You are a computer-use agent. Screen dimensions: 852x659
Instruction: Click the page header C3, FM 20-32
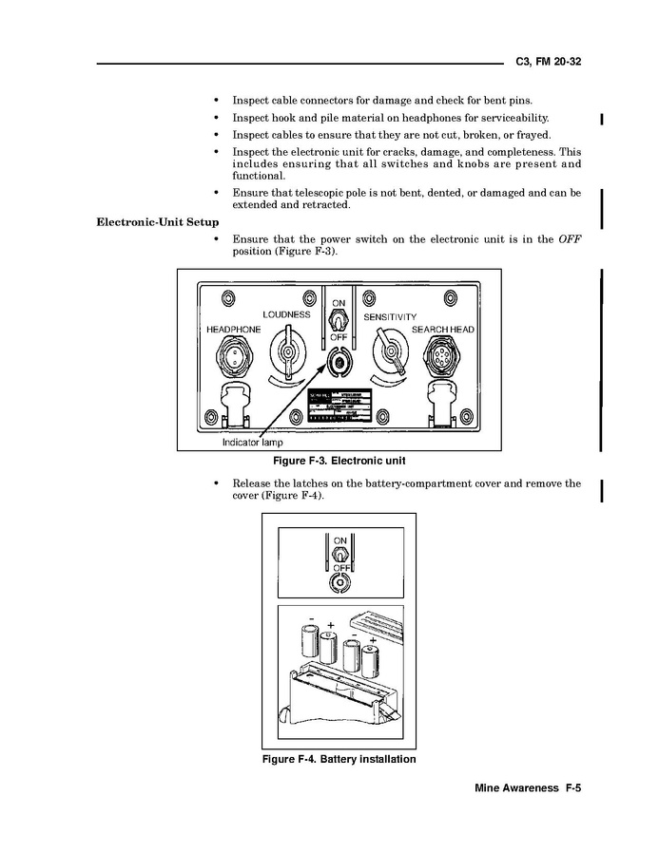coord(548,61)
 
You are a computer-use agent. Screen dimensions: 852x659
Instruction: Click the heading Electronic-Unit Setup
coord(158,222)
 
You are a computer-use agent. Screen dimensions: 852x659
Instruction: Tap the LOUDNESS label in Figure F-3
coord(286,314)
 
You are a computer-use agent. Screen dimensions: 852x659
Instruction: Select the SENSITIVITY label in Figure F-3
coord(390,316)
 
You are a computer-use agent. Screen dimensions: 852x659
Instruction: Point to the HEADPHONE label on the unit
coord(233,330)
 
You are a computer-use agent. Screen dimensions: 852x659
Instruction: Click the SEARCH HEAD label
coord(442,330)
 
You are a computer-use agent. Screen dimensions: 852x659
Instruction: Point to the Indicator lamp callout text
coord(252,443)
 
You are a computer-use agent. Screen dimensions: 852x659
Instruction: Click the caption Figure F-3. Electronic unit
coord(339,462)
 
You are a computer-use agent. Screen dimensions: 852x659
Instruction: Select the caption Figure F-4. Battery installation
coord(339,760)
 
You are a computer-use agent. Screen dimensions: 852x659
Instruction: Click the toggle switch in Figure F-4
coord(339,553)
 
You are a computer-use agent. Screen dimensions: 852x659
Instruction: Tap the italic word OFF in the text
coord(569,239)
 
